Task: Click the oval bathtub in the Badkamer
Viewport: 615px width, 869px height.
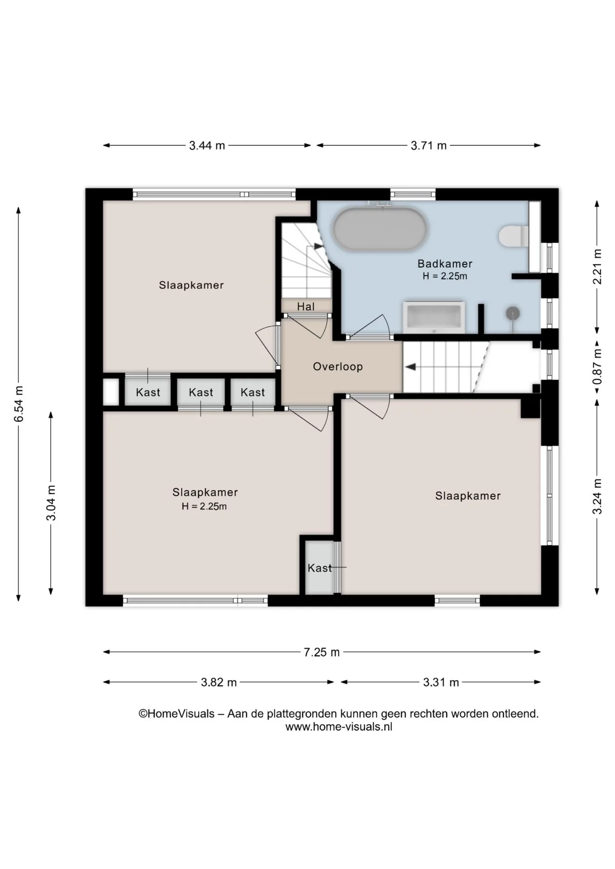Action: [380, 229]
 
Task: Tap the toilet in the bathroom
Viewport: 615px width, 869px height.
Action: [514, 236]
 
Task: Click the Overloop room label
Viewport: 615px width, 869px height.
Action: [338, 367]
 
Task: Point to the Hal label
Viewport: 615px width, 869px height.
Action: [306, 306]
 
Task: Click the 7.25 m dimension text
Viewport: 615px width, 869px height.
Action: [322, 652]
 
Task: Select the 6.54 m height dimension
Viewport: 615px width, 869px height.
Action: [19, 404]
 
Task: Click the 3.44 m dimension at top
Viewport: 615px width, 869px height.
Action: [207, 146]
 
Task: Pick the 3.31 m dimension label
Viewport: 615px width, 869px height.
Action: [441, 682]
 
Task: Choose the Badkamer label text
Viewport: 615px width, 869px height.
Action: [445, 263]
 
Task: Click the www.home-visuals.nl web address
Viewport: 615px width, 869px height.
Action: [339, 727]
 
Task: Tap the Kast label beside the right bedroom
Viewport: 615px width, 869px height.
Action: [320, 568]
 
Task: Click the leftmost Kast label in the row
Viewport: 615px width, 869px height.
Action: [148, 392]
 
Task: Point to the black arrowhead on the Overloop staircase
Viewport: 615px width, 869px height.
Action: [410, 367]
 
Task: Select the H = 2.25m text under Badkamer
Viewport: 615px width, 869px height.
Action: [445, 276]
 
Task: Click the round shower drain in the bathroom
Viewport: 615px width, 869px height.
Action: [513, 312]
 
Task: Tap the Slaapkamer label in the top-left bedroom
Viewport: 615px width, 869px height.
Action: [191, 285]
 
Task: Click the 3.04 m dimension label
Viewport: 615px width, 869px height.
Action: [51, 503]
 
